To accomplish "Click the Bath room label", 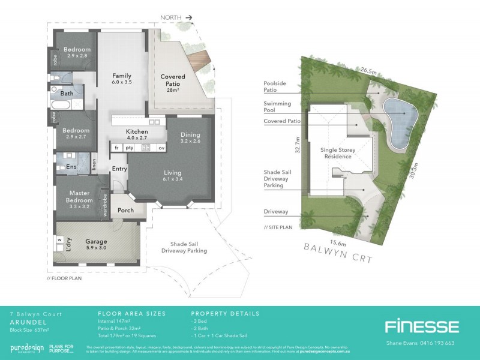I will point(67,94).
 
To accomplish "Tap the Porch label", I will point(126,210).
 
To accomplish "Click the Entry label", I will point(119,169).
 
